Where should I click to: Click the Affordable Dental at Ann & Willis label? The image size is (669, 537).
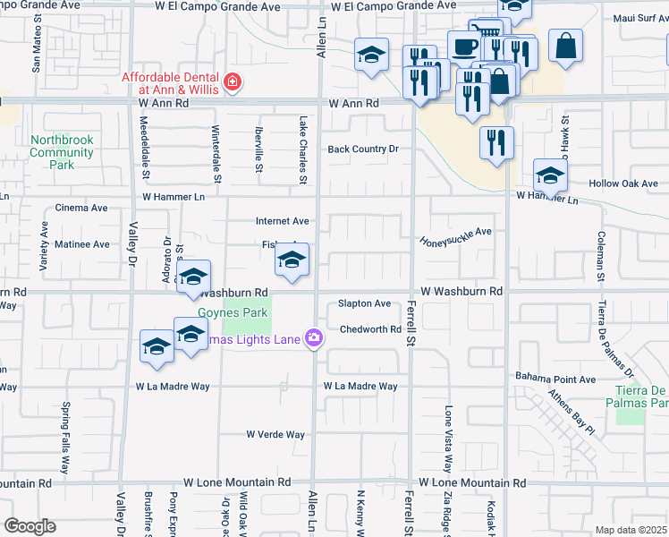pyautogui.click(x=172, y=83)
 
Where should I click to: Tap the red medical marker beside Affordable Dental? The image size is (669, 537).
pyautogui.click(x=233, y=83)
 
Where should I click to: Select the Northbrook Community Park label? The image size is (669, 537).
pyautogui.click(x=61, y=152)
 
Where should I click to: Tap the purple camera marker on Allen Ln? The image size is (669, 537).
pyautogui.click(x=314, y=338)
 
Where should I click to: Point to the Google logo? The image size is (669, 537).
pyautogui.click(x=30, y=525)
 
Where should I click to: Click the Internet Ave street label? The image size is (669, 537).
pyautogui.click(x=282, y=221)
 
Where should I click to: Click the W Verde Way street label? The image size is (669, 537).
pyautogui.click(x=275, y=435)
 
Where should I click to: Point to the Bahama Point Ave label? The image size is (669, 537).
pyautogui.click(x=555, y=379)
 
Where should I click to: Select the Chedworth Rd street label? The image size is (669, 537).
pyautogui.click(x=370, y=329)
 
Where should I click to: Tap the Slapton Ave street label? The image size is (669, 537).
pyautogui.click(x=364, y=304)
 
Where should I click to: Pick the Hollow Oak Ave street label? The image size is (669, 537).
pyautogui.click(x=623, y=183)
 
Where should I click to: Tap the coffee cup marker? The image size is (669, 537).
pyautogui.click(x=463, y=47)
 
